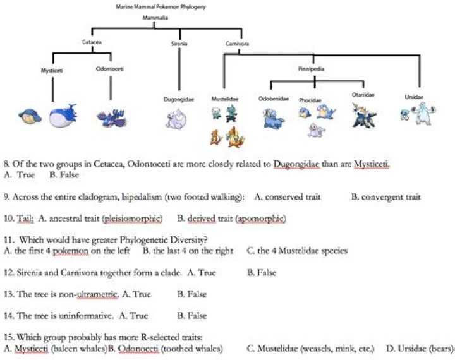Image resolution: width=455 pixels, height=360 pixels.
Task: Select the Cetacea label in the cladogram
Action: pos(92,44)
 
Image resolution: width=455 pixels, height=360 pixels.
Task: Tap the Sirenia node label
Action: pos(179,44)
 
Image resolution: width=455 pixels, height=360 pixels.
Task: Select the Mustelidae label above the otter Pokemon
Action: pos(225,99)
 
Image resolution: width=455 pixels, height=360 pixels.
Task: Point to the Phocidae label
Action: pos(310,100)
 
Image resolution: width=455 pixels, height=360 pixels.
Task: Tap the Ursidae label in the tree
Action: pos(414,97)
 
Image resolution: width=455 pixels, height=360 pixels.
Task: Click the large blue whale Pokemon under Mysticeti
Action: pos(63,116)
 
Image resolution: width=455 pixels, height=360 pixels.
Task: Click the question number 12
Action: pos(8,273)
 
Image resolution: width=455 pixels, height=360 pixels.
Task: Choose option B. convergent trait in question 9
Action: pos(385,197)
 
